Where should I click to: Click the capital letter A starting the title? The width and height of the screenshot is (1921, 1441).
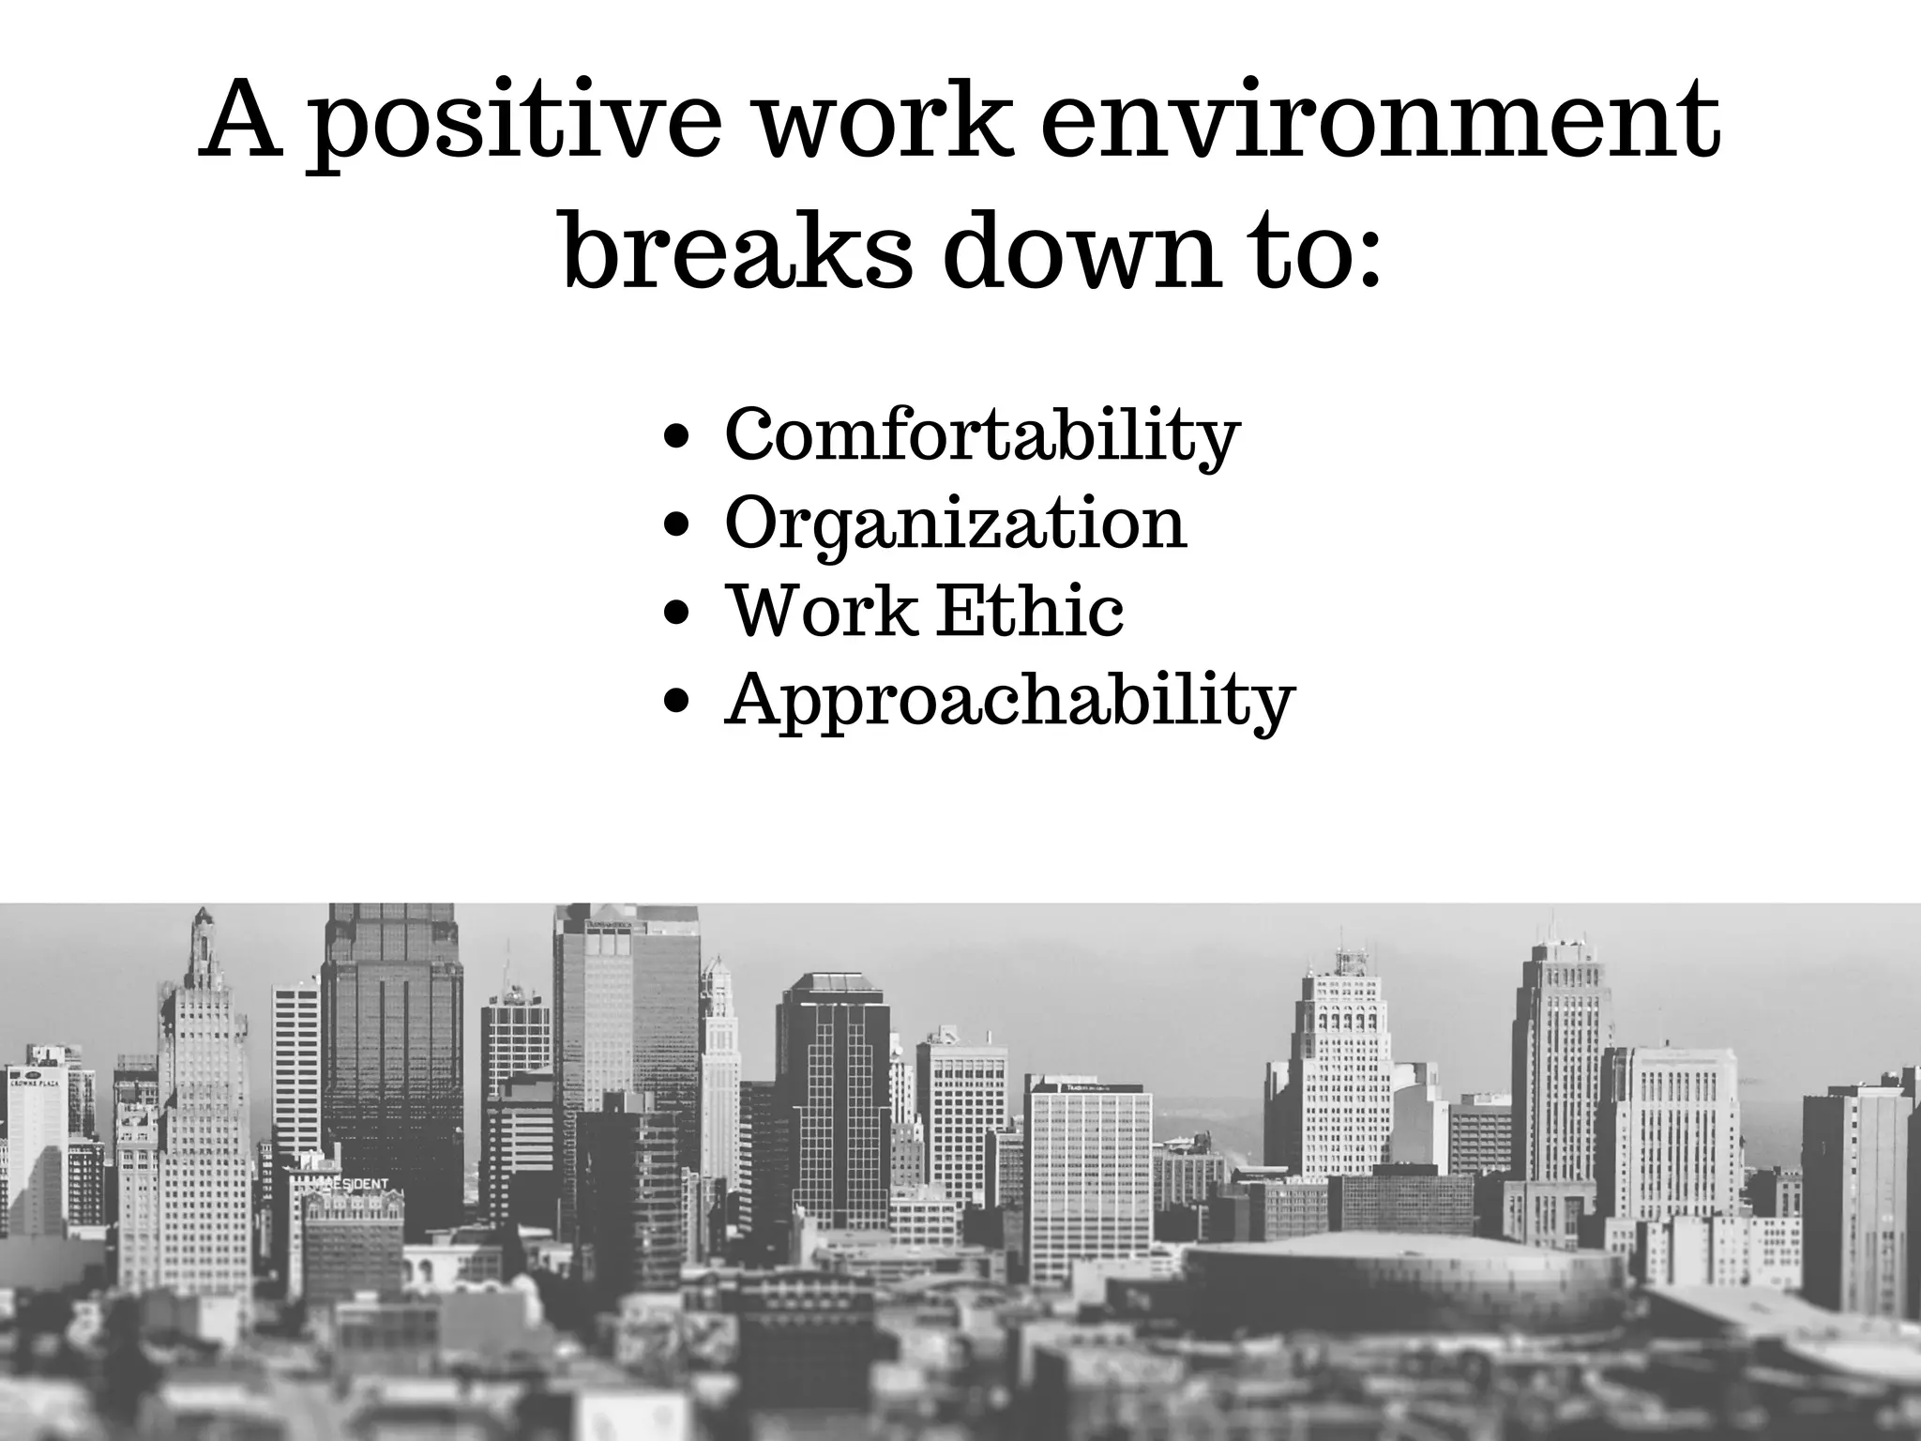(x=242, y=122)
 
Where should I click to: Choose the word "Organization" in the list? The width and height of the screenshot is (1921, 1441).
(x=955, y=523)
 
